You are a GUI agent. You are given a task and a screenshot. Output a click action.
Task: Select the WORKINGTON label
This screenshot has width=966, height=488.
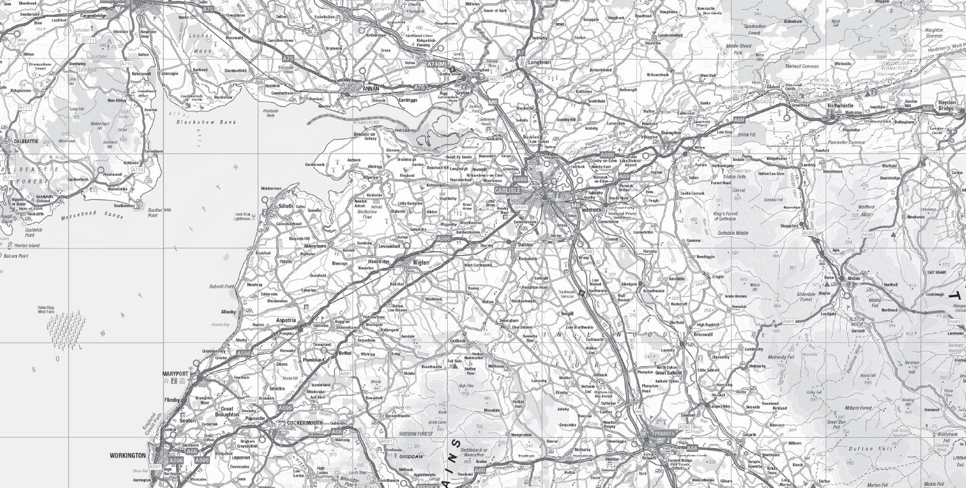click(127, 456)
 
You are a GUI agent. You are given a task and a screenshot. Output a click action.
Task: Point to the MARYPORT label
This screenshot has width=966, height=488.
click(175, 374)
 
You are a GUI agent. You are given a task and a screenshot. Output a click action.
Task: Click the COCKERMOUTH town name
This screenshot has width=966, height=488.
click(305, 423)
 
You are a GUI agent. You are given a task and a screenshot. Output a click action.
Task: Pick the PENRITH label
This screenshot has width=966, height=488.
click(661, 434)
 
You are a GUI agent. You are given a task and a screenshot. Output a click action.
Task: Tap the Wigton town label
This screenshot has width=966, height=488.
click(421, 263)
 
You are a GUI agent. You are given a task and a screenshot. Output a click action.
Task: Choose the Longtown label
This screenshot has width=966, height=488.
click(539, 62)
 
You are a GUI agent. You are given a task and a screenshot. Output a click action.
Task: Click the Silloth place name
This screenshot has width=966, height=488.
click(286, 206)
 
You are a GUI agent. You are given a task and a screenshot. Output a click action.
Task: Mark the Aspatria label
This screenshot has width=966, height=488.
click(286, 319)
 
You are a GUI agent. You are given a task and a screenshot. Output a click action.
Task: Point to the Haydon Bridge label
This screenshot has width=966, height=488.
click(946, 106)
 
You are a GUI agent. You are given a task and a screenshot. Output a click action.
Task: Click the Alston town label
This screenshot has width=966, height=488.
click(853, 278)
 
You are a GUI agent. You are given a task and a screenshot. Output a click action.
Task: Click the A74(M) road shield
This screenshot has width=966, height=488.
click(437, 64)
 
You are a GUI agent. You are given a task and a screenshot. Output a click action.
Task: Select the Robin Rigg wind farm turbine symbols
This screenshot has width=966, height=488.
click(66, 328)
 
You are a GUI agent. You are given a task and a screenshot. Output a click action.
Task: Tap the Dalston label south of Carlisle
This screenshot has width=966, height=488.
click(525, 244)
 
